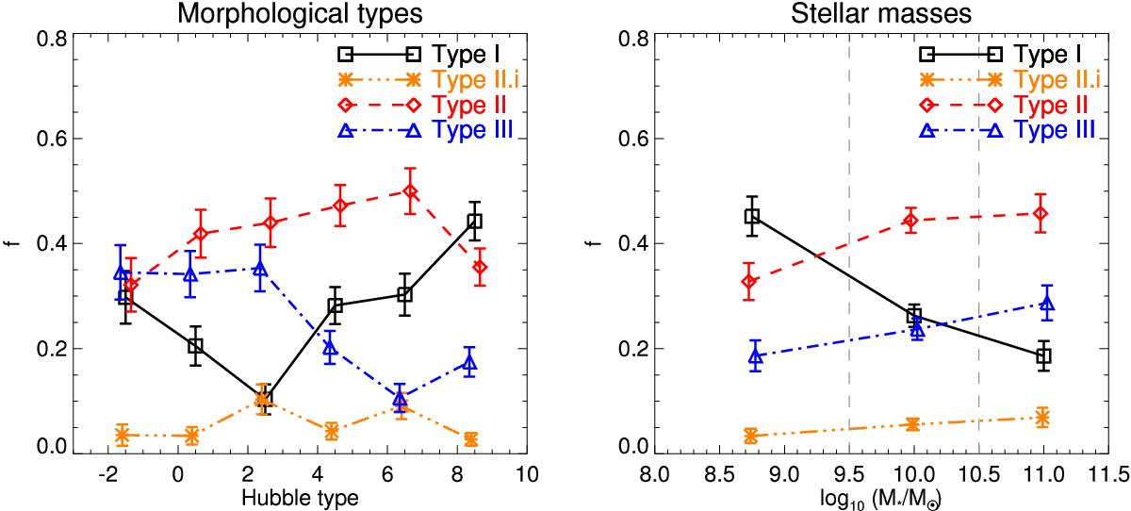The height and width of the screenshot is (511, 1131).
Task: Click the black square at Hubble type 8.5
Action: point(474,222)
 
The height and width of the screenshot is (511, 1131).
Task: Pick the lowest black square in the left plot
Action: point(264,399)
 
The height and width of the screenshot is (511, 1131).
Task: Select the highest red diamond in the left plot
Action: point(410,191)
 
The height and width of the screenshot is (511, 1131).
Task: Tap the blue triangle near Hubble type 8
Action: point(469,363)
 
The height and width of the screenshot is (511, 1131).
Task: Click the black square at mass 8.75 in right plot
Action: point(751,216)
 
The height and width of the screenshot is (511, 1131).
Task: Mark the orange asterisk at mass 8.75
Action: point(751,435)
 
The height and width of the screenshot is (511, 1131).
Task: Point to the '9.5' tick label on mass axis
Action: point(849,472)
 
